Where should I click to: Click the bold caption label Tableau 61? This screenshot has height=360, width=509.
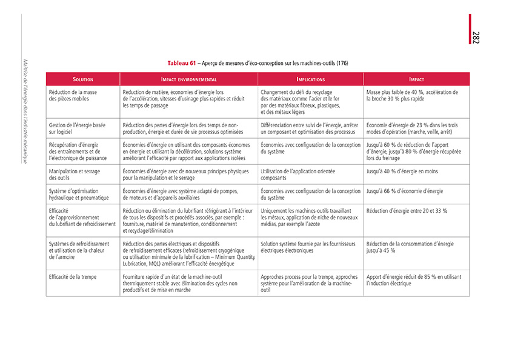coord(183,63)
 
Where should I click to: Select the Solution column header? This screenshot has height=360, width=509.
coord(83,79)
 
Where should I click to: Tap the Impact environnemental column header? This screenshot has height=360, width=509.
coord(188,79)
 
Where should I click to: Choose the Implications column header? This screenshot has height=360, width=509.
coord(310,79)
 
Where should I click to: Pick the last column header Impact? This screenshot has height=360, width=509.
coord(416,79)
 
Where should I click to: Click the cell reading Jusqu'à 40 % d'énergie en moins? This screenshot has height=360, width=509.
coord(402,172)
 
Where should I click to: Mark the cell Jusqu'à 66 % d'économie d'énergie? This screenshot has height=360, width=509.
coord(405,192)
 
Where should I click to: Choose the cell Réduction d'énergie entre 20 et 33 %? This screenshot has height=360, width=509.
coord(407,211)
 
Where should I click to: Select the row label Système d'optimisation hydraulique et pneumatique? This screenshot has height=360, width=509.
coord(79,195)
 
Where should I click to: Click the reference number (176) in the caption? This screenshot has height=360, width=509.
coord(342,64)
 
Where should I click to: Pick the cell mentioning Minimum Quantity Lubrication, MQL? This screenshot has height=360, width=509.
coord(188,253)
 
